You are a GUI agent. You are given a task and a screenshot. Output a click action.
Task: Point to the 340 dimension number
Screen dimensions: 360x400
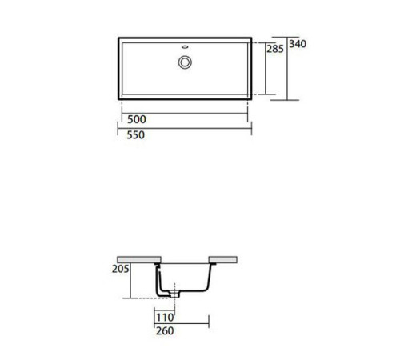click(298, 43)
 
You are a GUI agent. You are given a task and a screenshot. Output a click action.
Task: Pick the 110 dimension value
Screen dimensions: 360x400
click(166, 315)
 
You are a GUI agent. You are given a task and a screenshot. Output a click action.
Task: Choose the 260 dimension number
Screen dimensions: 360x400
click(166, 329)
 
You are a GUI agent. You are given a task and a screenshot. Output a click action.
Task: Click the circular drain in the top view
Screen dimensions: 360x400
click(185, 61)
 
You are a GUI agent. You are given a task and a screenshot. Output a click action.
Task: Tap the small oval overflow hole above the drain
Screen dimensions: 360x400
click(185, 46)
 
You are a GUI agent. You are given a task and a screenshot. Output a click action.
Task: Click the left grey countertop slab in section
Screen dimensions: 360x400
click(138, 259)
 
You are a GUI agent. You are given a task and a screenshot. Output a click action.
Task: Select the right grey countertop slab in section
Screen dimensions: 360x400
click(224, 259)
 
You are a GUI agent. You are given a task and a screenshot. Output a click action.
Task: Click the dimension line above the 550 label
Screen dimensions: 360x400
click(186, 128)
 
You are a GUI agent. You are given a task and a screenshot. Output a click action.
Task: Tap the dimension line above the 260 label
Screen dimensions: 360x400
click(181, 322)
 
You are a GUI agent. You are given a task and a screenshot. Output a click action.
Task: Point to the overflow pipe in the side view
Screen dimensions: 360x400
click(161, 280)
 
